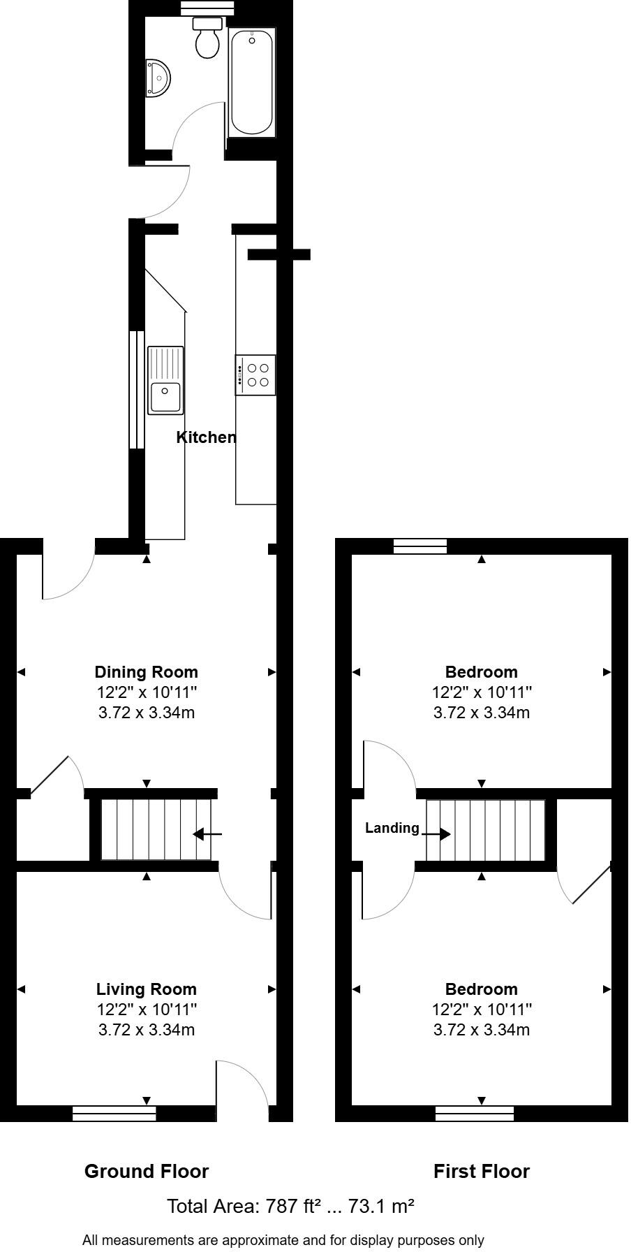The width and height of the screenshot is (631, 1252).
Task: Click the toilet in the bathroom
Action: pyautogui.click(x=207, y=41)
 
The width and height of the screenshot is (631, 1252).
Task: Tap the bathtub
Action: pyautogui.click(x=251, y=82)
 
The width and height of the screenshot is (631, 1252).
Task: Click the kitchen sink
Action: pyautogui.click(x=165, y=381)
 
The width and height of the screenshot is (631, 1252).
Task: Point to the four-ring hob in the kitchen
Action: pyautogui.click(x=256, y=375)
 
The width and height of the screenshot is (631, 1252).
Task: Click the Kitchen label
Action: pyautogui.click(x=206, y=437)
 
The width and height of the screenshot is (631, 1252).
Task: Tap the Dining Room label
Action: pyautogui.click(x=147, y=672)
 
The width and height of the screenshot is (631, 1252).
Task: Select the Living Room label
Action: pyautogui.click(x=147, y=989)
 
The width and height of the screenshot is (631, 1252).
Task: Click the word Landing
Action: pyautogui.click(x=392, y=828)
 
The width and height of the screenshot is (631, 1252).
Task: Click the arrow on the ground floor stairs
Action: pyautogui.click(x=207, y=834)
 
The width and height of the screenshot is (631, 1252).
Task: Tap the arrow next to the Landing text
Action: pyautogui.click(x=436, y=834)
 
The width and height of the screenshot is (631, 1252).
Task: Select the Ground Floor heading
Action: pyautogui.click(x=147, y=1172)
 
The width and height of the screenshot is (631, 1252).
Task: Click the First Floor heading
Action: pyautogui.click(x=482, y=1172)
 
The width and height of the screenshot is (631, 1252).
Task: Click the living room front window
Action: pyautogui.click(x=114, y=1114)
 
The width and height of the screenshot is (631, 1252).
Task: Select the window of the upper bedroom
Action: pyautogui.click(x=420, y=546)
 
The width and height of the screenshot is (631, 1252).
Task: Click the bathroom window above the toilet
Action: pyautogui.click(x=207, y=8)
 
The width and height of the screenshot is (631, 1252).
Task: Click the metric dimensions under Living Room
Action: pyautogui.click(x=147, y=1030)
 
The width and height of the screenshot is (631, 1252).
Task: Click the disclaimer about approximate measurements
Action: pyautogui.click(x=283, y=1240)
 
